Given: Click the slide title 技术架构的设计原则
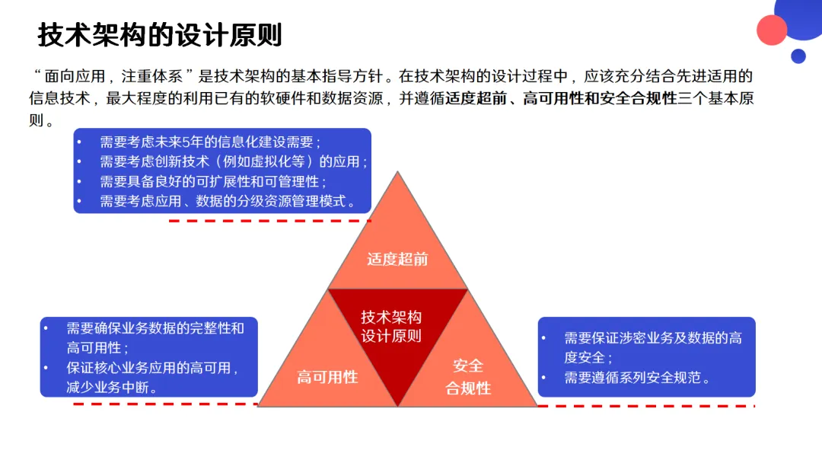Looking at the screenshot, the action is pos(160,35).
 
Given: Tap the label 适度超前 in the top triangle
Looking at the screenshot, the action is pos(397,259).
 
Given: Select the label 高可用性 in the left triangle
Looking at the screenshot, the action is pos(327,377).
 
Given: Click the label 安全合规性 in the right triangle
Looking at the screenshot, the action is pos(468,377).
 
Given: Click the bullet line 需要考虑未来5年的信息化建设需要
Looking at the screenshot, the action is pos(210,142).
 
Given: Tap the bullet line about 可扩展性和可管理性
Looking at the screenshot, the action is pos(213,181).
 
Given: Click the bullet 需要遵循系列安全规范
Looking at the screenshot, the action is pos(636,378).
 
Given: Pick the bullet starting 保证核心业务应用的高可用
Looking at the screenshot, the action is pos(152,377).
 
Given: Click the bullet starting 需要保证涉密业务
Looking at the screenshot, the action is pos(652,347).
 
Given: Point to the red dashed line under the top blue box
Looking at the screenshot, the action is pos(269,221).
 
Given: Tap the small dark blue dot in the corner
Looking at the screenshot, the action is pos(798,56).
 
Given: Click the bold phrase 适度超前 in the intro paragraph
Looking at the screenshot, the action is pos(476,98).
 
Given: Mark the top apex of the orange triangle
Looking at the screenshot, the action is pos(397,173).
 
